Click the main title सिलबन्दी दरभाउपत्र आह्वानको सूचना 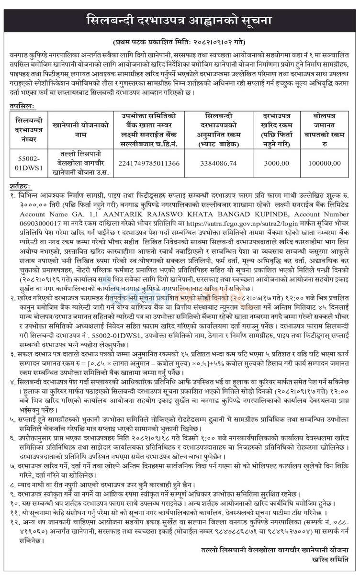(180, 21)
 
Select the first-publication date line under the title (180, 42)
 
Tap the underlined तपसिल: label (22, 104)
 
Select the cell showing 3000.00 (276, 164)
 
